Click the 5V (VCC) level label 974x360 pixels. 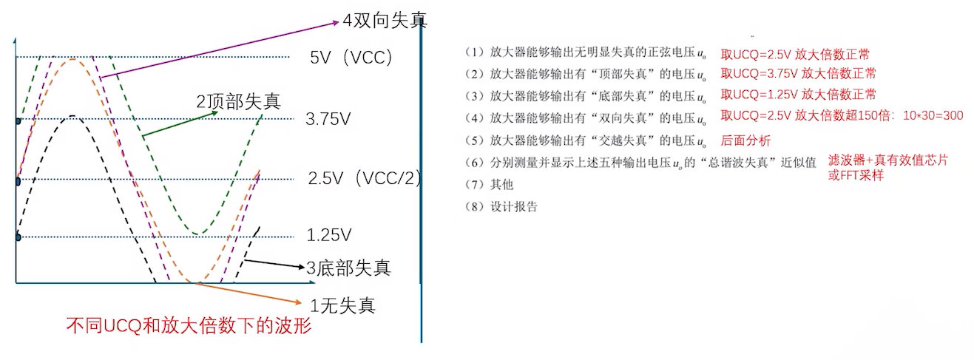click(350, 58)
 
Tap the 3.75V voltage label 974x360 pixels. click(328, 119)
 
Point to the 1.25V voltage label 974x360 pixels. click(328, 236)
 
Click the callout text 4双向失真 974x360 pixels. click(385, 19)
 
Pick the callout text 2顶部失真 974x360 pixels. click(238, 101)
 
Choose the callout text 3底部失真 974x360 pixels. click(348, 268)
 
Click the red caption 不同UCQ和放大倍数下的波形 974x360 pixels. click(189, 326)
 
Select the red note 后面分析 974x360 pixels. click(745, 140)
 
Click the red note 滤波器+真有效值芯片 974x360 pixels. click(887, 160)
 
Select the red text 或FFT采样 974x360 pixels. click(856, 175)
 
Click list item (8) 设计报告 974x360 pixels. click(501, 206)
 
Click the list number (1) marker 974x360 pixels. click(473, 52)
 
